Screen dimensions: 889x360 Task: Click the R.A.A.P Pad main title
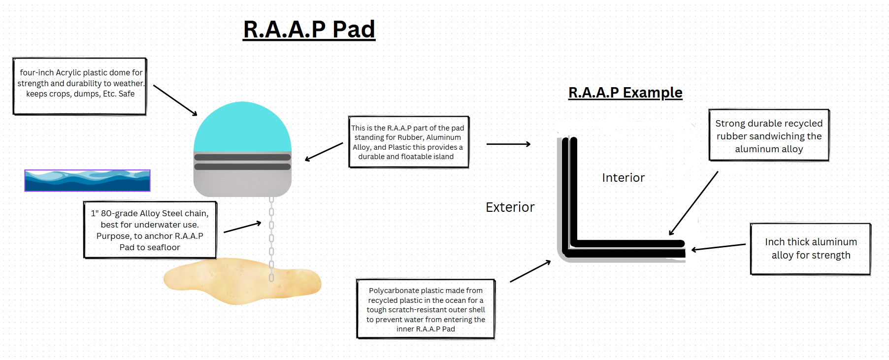309,30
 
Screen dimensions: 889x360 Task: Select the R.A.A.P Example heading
626,93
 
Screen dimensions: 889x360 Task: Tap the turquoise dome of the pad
242,127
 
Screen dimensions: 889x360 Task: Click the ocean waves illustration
87,180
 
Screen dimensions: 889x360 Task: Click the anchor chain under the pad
271,239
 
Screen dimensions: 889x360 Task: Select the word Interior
623,178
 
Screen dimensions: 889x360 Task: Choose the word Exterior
510,207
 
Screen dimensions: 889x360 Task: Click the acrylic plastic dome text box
80,86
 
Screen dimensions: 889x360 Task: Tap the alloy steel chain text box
150,230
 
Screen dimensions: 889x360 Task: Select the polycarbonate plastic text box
426,309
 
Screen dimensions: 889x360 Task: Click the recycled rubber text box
769,135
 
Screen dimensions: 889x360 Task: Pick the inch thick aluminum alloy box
811,249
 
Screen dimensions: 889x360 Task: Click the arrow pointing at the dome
175,100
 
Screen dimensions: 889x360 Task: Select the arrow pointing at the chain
242,228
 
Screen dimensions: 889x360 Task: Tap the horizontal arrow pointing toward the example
508,144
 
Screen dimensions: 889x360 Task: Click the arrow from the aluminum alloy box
719,247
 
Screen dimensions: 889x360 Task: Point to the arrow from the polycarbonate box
530,271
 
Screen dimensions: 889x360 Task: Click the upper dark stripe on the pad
242,158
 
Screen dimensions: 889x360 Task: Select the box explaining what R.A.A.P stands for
409,142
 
